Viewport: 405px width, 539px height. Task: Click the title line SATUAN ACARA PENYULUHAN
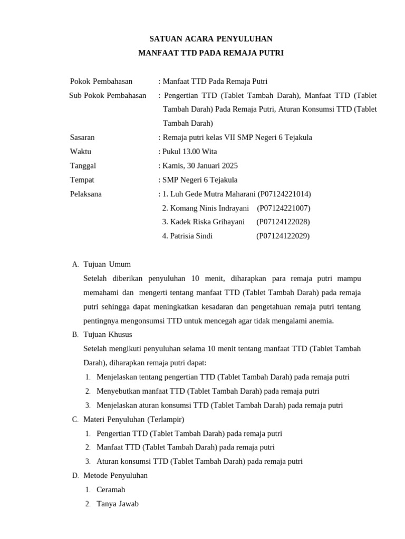point(211,38)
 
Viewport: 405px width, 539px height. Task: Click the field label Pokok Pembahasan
point(101,81)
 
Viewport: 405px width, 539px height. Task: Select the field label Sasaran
point(82,137)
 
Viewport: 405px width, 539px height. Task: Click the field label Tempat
point(82,179)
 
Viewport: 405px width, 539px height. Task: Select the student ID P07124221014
point(284,194)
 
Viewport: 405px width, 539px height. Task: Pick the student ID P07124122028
point(283,222)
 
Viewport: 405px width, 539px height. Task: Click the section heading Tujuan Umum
point(107,264)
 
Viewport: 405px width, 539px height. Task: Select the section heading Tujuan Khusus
point(108,334)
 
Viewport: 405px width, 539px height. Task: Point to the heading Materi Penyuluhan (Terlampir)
point(134,419)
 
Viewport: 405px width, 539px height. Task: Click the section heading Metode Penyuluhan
point(115,475)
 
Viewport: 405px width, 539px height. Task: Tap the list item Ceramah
point(111,490)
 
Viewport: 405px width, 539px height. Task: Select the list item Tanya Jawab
point(118,504)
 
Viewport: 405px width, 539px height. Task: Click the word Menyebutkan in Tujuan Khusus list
point(119,391)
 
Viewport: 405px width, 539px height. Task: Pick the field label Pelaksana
point(86,194)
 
